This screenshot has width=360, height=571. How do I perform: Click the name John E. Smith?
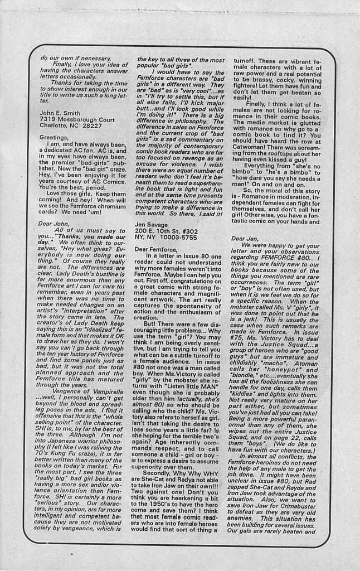[x=60, y=112]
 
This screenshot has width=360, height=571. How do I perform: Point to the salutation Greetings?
[x=53, y=137]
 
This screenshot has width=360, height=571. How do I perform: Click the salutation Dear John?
[x=54, y=223]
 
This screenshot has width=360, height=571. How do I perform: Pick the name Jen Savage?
[x=152, y=222]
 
